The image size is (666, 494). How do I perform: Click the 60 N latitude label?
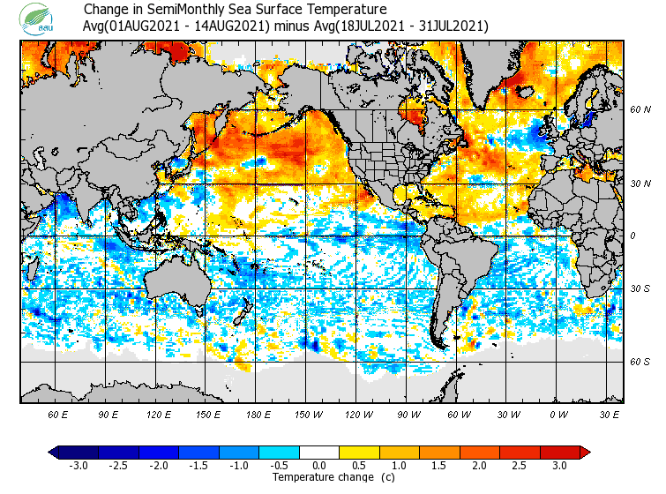pos(640,109)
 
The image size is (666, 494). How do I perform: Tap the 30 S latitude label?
pos(640,289)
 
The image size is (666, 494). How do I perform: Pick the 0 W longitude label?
pos(558,415)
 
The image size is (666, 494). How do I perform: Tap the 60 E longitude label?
pos(58,415)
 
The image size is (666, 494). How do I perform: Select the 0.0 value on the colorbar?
pos(320,466)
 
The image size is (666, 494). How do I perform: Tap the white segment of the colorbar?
pos(320,453)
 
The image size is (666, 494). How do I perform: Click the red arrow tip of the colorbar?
pos(585,453)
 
